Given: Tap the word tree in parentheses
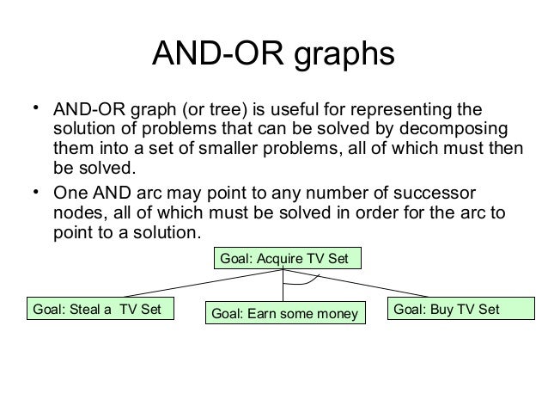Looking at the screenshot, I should click(x=239, y=111).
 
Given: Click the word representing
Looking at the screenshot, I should click(x=411, y=111).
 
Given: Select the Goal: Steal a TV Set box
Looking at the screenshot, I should click(x=100, y=308).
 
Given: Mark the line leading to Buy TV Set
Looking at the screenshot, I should click(x=387, y=286).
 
